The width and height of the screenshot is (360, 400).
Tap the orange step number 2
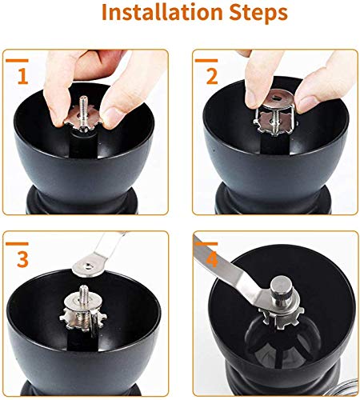tap(211, 78)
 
